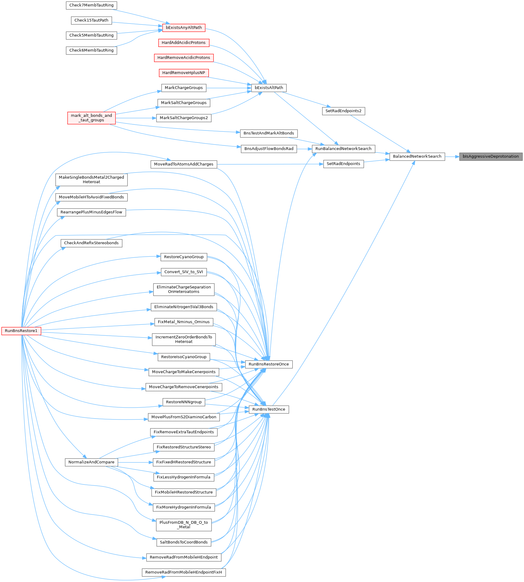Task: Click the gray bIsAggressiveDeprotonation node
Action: [491, 157]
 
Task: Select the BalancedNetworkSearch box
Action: [417, 157]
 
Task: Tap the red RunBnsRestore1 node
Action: [21, 331]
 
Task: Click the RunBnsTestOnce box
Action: [269, 409]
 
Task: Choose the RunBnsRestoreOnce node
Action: [269, 364]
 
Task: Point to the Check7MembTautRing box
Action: [91, 5]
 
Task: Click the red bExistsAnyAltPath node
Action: [184, 28]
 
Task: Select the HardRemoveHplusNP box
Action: [184, 73]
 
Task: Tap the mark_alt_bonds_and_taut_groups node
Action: [91, 118]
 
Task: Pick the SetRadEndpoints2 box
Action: [343, 111]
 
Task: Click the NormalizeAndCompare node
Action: [91, 462]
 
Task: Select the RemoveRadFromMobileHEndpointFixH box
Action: [184, 572]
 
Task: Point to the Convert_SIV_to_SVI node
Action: [184, 272]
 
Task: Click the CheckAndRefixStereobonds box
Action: [91, 243]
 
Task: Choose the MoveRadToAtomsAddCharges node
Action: [184, 164]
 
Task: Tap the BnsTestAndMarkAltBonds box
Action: [269, 133]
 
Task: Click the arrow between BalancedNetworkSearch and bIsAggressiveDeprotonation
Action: [452, 157]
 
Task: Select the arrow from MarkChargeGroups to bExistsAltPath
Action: [229, 88]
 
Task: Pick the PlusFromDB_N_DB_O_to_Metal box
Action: [184, 525]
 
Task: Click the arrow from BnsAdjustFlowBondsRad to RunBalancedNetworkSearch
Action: [304, 149]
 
